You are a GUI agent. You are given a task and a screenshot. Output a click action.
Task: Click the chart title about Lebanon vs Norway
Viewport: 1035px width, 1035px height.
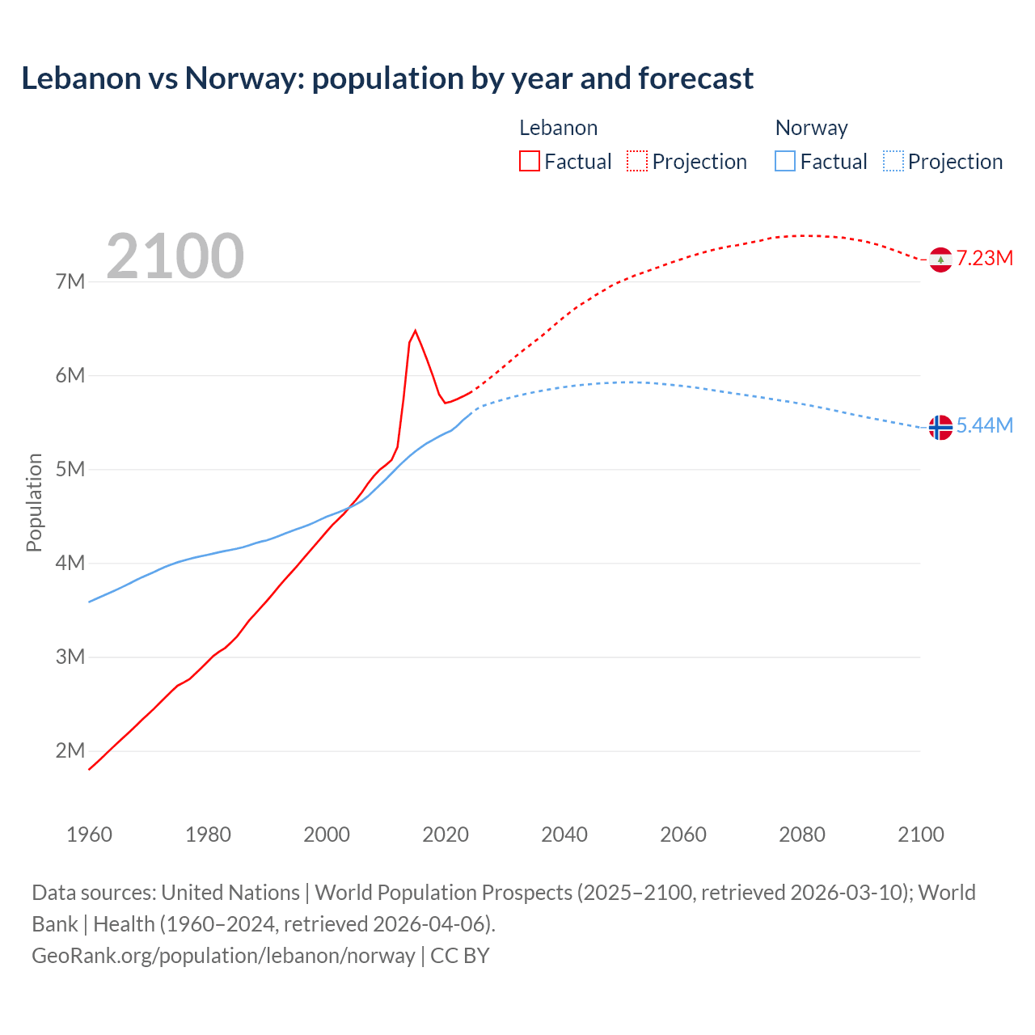click(387, 78)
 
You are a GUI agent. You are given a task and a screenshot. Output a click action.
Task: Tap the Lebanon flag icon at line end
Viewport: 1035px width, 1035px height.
click(940, 260)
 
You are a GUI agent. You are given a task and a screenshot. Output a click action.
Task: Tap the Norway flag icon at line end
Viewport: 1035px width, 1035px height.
click(940, 427)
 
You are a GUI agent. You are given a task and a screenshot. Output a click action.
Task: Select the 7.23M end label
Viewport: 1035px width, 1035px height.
click(984, 258)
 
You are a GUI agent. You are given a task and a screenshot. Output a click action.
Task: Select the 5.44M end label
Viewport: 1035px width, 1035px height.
click(984, 425)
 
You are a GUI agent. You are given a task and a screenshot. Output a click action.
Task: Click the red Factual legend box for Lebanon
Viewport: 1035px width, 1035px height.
click(530, 161)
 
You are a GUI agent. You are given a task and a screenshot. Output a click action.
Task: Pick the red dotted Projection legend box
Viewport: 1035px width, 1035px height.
click(637, 161)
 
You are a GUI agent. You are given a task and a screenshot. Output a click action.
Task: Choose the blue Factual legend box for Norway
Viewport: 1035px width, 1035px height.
click(785, 161)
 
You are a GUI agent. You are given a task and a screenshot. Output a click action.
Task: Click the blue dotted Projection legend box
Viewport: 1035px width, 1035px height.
click(893, 161)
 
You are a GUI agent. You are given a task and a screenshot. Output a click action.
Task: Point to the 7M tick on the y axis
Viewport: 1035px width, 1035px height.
click(70, 281)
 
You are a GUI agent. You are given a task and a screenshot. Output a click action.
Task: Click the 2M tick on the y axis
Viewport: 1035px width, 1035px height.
click(70, 750)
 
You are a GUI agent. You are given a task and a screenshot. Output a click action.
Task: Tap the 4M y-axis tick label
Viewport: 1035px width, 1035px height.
click(70, 563)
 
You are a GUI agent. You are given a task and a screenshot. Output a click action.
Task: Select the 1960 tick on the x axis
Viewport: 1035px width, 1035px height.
click(89, 834)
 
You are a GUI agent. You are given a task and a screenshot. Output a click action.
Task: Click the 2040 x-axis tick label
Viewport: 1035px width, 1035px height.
click(564, 834)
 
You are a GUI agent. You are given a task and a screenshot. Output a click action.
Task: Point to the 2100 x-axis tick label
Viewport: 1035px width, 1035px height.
click(920, 834)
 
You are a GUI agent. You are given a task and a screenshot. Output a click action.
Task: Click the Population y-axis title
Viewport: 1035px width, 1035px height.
click(34, 502)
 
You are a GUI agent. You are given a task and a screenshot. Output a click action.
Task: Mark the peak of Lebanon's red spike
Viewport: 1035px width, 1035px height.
click(415, 331)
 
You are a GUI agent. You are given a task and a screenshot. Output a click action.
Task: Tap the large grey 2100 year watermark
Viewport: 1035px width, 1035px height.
click(175, 256)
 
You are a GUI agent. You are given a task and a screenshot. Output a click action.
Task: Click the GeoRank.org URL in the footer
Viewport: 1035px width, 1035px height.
click(223, 955)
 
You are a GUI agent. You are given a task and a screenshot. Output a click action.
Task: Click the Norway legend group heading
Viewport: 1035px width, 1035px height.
click(811, 128)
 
